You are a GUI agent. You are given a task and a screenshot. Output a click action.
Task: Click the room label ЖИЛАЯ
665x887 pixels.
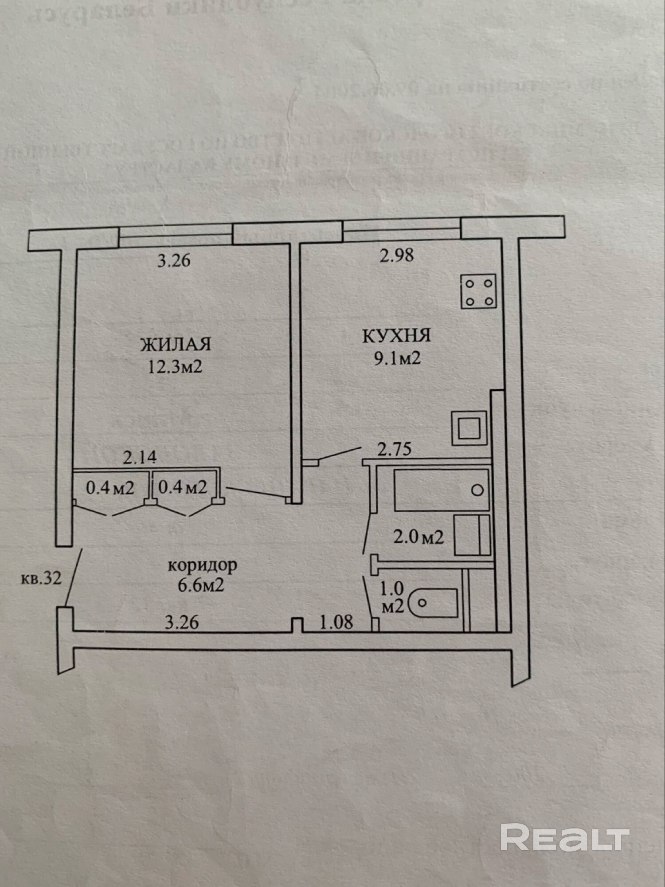click(x=176, y=345)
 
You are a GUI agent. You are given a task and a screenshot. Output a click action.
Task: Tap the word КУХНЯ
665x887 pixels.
click(x=396, y=336)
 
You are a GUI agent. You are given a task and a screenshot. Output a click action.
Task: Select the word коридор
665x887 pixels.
click(x=202, y=565)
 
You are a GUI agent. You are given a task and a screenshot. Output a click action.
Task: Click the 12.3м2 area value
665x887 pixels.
click(x=175, y=367)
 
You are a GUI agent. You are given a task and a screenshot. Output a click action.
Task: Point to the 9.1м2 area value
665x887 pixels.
click(x=397, y=358)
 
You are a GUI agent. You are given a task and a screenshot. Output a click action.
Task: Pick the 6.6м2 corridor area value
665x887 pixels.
click(x=201, y=585)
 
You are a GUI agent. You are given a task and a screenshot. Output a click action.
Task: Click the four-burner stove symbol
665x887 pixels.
click(x=478, y=291)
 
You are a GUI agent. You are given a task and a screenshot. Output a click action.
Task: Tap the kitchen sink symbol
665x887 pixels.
click(x=469, y=428)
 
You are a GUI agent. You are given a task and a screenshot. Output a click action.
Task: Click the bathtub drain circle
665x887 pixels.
click(x=477, y=491)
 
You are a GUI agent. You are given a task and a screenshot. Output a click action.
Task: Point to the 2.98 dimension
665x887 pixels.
click(x=396, y=255)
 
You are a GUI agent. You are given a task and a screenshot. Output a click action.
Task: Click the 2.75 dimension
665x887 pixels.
click(x=394, y=449)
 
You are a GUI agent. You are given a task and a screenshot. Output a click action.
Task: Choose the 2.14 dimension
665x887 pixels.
click(x=140, y=457)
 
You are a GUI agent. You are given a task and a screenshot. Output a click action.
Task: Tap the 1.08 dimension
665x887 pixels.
click(x=336, y=622)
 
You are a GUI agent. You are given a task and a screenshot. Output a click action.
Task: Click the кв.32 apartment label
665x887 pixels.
click(x=41, y=578)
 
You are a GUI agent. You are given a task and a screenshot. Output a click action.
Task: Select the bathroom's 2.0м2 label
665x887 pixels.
click(x=419, y=538)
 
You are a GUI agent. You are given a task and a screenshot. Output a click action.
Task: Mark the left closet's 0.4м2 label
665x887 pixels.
click(x=110, y=488)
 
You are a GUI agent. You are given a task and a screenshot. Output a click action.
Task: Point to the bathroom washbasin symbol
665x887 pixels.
click(x=473, y=535)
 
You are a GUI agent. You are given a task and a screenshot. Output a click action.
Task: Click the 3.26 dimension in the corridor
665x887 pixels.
click(x=182, y=622)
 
